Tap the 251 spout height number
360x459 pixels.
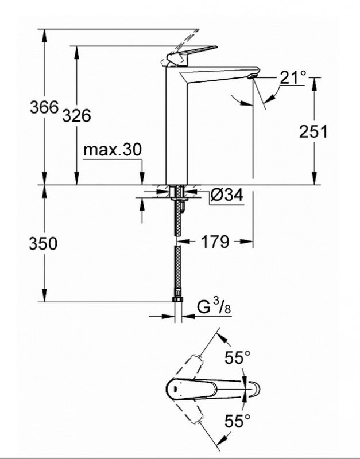pyautogui.click(x=313, y=131)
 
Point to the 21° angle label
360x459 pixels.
pyautogui.click(x=293, y=77)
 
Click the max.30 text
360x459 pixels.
pyautogui.click(x=112, y=150)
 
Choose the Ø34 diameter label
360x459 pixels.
pyautogui.click(x=226, y=196)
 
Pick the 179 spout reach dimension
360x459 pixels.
pyautogui.click(x=215, y=242)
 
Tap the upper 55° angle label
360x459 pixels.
pyautogui.click(x=238, y=359)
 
